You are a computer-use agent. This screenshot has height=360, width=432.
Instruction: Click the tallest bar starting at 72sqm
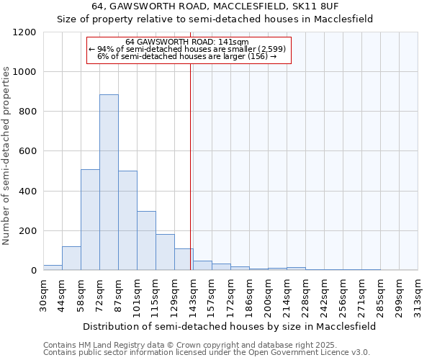click(x=109, y=182)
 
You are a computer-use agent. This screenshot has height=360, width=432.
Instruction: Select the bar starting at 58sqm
click(x=90, y=220)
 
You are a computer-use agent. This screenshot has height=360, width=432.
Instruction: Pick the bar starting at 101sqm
click(x=146, y=240)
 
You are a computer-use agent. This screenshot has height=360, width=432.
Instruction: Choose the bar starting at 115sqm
click(x=165, y=252)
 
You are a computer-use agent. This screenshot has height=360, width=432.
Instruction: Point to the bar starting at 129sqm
click(x=184, y=259)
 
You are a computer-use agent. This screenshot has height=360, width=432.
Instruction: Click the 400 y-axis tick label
click(x=27, y=192)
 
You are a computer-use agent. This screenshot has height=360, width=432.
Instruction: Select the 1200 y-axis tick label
click(x=24, y=32)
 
